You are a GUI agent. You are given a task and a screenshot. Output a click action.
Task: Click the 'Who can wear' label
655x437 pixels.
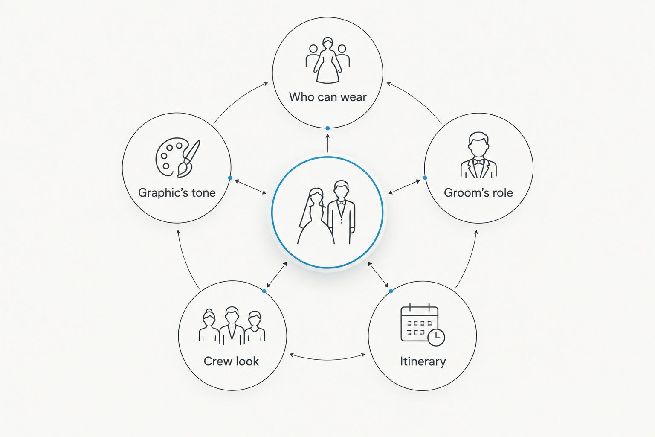pos(327,97)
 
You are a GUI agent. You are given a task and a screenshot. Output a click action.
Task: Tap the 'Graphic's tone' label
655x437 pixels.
pos(177,193)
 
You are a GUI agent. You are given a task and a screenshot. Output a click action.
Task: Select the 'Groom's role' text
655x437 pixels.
pos(478,193)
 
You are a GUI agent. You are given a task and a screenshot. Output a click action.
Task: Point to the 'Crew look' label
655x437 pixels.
pos(231,361)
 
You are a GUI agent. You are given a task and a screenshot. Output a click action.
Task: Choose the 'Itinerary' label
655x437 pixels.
pos(423,361)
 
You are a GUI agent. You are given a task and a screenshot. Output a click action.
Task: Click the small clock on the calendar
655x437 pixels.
pos(436,338)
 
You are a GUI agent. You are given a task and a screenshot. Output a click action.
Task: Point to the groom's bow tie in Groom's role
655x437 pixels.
pos(479,162)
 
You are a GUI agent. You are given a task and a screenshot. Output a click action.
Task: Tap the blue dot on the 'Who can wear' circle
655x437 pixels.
pos(327,128)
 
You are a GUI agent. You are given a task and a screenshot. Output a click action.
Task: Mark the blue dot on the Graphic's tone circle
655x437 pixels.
pos(230,178)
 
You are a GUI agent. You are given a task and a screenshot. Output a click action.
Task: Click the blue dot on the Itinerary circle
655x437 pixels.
pos(391,291)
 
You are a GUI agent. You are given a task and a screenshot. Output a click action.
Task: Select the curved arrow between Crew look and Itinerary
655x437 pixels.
pos(327,360)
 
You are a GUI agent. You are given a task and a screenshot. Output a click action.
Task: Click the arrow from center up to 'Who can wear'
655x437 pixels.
pos(327,143)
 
